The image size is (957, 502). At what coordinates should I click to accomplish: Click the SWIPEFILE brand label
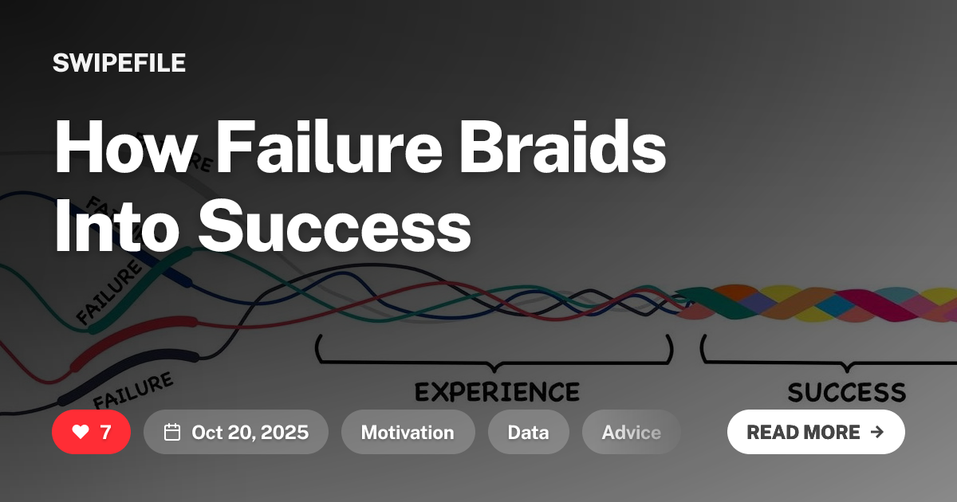click(119, 63)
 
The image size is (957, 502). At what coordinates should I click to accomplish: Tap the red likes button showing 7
click(91, 432)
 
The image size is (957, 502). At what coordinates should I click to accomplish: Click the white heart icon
click(81, 432)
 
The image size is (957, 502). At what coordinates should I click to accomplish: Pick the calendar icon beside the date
click(172, 432)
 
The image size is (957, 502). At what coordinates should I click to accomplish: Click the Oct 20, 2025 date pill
click(236, 432)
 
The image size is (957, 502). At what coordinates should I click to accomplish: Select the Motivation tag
click(408, 432)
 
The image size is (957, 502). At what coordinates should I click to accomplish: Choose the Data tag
click(528, 432)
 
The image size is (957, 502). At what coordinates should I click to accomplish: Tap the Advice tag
click(631, 432)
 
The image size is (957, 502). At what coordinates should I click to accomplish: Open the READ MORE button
click(815, 432)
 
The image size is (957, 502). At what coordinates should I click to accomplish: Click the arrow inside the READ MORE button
click(877, 432)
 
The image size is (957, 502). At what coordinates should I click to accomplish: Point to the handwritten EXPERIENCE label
click(497, 392)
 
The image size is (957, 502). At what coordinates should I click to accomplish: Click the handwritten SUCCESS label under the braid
click(847, 392)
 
